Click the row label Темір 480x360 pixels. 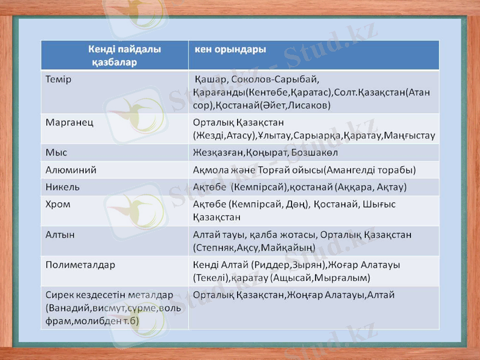click(x=59, y=79)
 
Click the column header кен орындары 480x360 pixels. click(x=230, y=49)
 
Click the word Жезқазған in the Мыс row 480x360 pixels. click(x=216, y=152)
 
